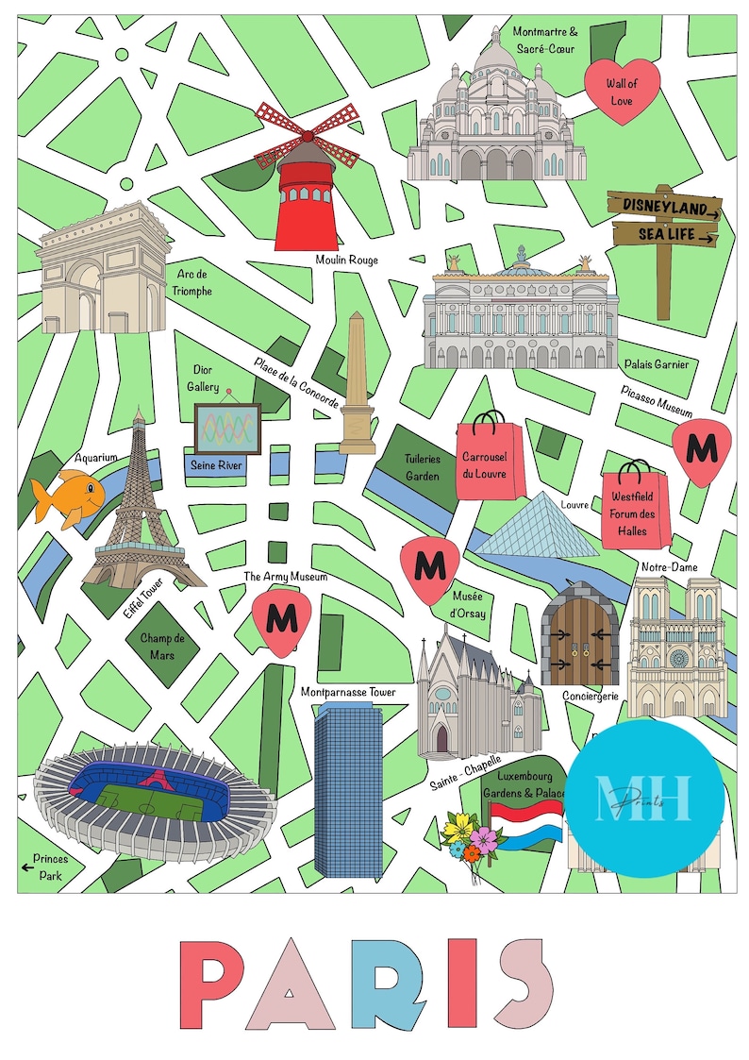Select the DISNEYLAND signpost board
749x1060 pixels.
coord(664,205)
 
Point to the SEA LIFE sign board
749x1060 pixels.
coord(665,233)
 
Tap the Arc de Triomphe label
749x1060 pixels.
coord(192,282)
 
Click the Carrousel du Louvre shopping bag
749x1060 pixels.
coord(489,459)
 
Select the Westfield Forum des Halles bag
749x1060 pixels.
coord(635,507)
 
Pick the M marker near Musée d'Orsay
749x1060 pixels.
coord(430,568)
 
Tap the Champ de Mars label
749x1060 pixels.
coord(162,647)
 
